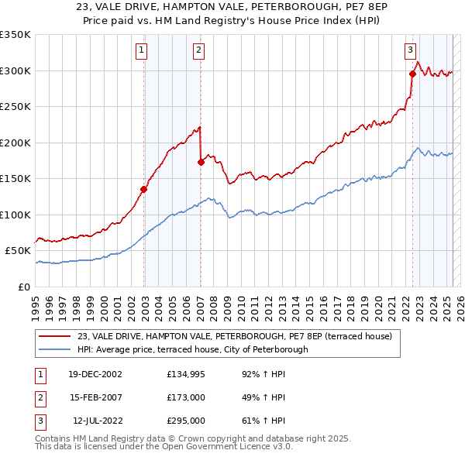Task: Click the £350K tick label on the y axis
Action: (x=15, y=35)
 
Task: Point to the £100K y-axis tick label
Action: (x=15, y=215)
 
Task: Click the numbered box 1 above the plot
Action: (x=143, y=51)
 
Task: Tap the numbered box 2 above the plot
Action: (x=199, y=51)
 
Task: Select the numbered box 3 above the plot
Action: (x=410, y=51)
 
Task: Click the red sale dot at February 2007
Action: (x=201, y=162)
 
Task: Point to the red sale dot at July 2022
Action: (x=412, y=74)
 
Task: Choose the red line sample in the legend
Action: (x=55, y=336)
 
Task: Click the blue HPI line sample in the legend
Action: (x=55, y=349)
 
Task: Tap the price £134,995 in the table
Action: (x=184, y=374)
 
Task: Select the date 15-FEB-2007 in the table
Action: (x=95, y=397)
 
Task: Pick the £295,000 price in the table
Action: (x=185, y=421)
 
